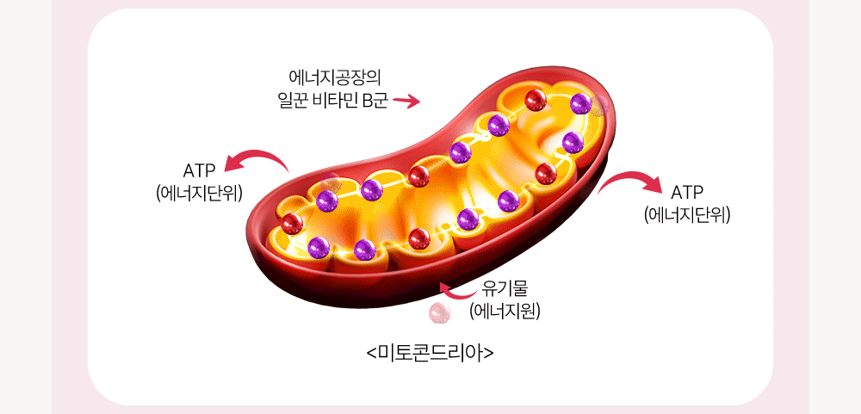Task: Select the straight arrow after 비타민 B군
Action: tap(406, 101)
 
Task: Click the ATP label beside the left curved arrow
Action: tap(200, 171)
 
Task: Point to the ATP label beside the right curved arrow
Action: tap(687, 193)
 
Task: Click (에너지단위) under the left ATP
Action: tap(200, 194)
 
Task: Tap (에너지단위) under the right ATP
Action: tap(687, 215)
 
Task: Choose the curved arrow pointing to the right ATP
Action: tap(631, 178)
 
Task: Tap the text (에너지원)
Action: tap(505, 312)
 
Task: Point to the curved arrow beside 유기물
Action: tap(459, 292)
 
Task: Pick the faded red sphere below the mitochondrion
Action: tap(439, 312)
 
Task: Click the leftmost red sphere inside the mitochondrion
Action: tap(292, 224)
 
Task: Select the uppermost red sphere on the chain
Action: tap(536, 101)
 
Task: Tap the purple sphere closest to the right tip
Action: tap(581, 104)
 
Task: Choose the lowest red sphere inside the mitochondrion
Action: tap(419, 238)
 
